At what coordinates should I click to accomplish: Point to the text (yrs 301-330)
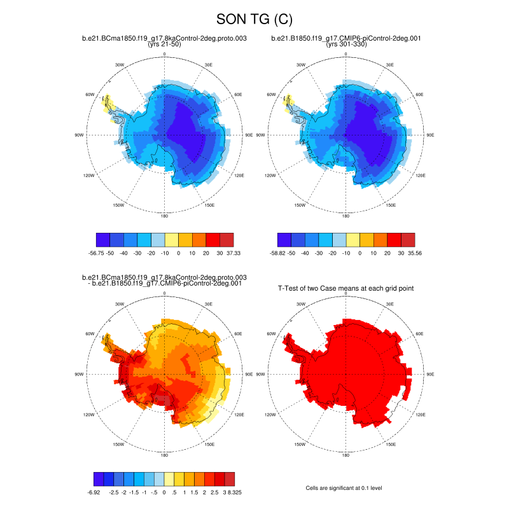tap(346, 45)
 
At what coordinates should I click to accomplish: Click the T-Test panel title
tap(346, 288)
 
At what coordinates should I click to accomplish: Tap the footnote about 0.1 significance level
tap(344, 488)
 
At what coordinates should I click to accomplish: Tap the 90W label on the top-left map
tap(80, 135)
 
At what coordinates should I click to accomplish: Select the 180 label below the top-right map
tap(346, 216)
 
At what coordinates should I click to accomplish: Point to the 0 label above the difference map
tap(165, 293)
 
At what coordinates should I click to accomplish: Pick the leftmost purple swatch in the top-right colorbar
tap(284, 239)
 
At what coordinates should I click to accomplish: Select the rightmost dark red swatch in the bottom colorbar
tap(230, 479)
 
